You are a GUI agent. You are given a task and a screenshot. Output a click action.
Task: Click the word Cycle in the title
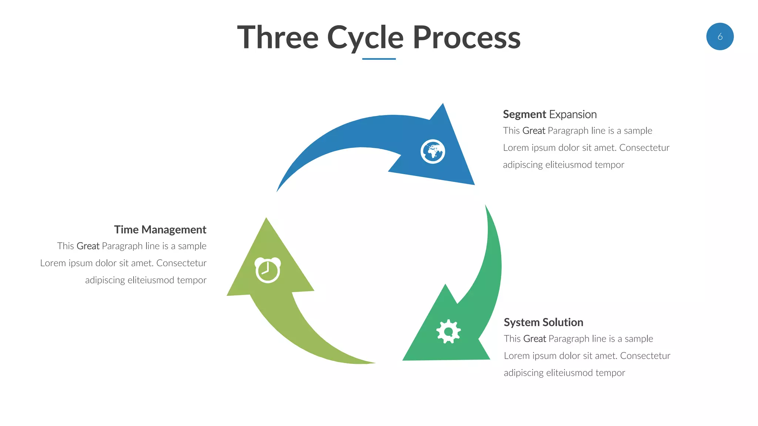point(365,38)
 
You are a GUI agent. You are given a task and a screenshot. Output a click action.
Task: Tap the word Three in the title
point(278,38)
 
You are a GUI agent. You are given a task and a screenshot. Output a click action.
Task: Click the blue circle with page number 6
point(720,37)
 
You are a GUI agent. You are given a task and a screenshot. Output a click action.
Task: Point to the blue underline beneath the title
point(379,59)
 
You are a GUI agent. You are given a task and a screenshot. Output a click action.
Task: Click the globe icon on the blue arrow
point(433,152)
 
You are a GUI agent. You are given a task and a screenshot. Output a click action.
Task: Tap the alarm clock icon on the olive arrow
point(268,270)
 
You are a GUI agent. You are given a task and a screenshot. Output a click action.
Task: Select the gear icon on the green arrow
point(449,331)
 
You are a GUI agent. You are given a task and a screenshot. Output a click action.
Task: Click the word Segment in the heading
point(524,115)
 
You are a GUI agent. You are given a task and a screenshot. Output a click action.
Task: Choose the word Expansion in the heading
point(573,115)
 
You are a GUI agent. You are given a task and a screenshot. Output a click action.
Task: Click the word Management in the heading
point(174,230)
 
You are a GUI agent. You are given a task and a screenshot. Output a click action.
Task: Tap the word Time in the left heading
point(126,230)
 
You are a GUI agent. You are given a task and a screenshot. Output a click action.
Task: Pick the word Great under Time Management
point(88,246)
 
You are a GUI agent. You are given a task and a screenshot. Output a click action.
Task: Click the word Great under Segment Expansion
point(534,131)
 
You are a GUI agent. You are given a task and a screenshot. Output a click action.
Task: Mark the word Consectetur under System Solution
point(645,356)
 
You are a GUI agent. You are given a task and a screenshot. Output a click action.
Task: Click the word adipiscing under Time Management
point(105,280)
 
